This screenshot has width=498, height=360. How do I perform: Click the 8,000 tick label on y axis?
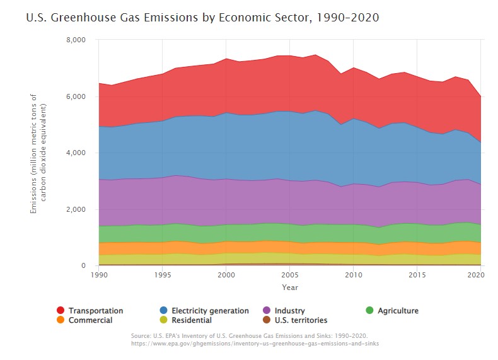(x=75, y=40)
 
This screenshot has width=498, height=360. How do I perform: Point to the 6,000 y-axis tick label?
(x=75, y=96)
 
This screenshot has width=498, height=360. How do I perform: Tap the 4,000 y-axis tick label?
(x=75, y=153)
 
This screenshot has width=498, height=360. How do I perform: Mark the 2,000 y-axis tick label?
(x=75, y=209)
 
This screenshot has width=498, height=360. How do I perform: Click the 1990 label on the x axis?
(x=98, y=276)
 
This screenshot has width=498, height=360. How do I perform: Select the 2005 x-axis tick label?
(x=289, y=276)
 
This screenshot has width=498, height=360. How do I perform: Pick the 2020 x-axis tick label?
(x=480, y=276)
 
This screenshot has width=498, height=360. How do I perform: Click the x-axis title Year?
(x=289, y=287)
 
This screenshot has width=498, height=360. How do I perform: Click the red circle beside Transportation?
(x=61, y=311)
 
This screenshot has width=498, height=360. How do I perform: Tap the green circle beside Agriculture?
(x=371, y=311)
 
